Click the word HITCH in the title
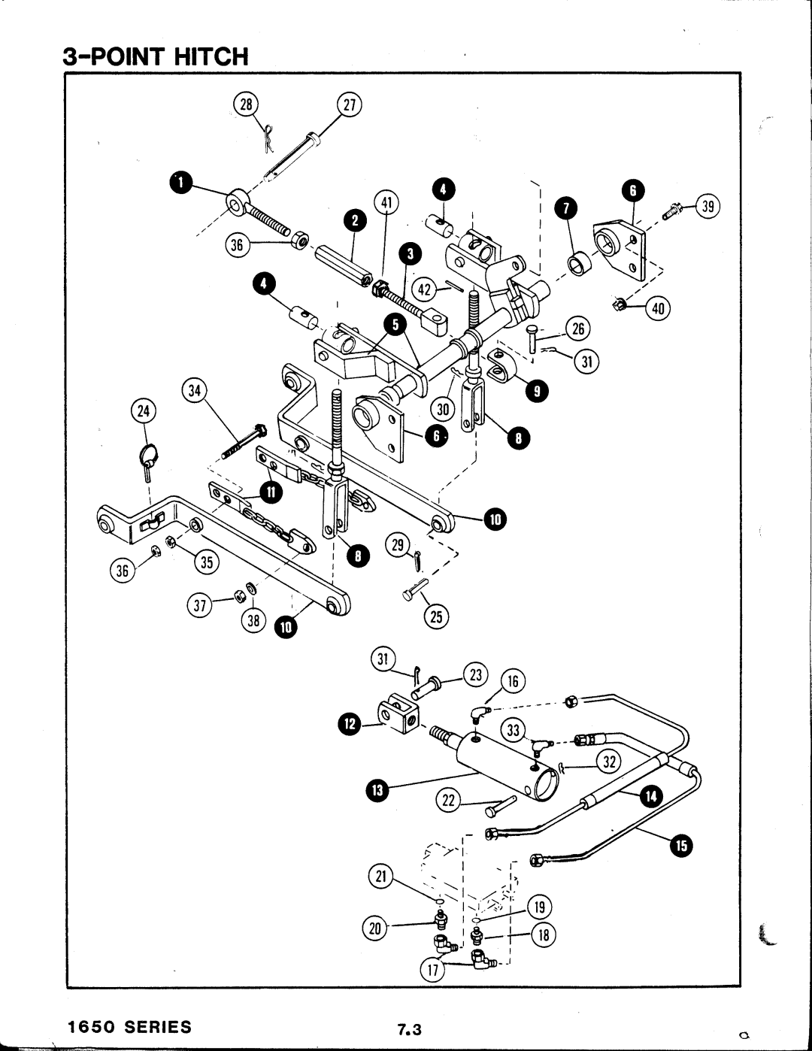click(x=211, y=56)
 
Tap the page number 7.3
click(x=409, y=1030)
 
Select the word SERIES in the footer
click(x=158, y=1026)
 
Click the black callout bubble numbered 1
click(x=181, y=183)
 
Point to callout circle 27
click(x=349, y=105)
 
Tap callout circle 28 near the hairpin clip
click(x=246, y=104)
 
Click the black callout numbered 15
click(x=681, y=846)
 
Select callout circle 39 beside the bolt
click(x=708, y=207)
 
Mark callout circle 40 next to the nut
click(x=658, y=308)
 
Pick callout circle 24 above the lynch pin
click(x=144, y=411)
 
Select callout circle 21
click(x=381, y=877)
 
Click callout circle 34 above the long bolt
click(x=195, y=390)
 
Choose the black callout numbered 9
click(x=537, y=391)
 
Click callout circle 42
click(x=424, y=289)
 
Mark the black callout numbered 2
click(x=355, y=221)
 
